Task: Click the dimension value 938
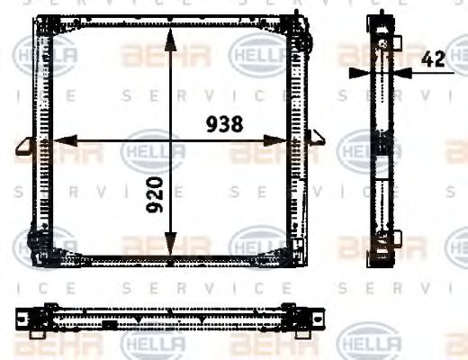pos(223,125)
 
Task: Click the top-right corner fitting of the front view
pos(304,36)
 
